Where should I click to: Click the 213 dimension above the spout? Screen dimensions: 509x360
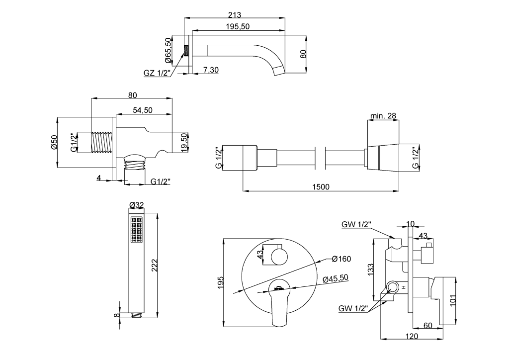[235, 15]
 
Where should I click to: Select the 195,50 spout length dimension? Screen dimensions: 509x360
[238, 27]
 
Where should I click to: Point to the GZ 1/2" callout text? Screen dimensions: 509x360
[157, 73]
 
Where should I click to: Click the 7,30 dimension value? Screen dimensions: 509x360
[211, 70]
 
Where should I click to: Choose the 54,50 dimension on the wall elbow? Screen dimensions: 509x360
[143, 110]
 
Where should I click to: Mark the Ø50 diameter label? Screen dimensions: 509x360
[54, 142]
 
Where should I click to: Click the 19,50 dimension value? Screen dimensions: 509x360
[184, 142]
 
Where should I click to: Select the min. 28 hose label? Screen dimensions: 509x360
[383, 116]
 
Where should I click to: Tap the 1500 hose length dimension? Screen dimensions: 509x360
[321, 187]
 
